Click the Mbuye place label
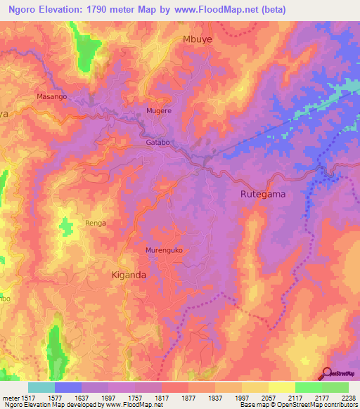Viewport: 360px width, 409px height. (197, 40)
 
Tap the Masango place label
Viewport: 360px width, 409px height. (51, 96)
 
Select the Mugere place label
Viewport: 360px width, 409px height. (158, 111)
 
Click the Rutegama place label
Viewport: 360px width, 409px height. (263, 194)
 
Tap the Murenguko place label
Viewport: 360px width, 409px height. (164, 250)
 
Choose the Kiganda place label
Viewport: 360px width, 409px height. (129, 275)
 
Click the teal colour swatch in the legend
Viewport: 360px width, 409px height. (41, 387)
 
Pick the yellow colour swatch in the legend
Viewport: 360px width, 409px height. (281, 387)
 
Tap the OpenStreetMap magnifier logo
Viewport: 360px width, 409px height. (327, 375)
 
